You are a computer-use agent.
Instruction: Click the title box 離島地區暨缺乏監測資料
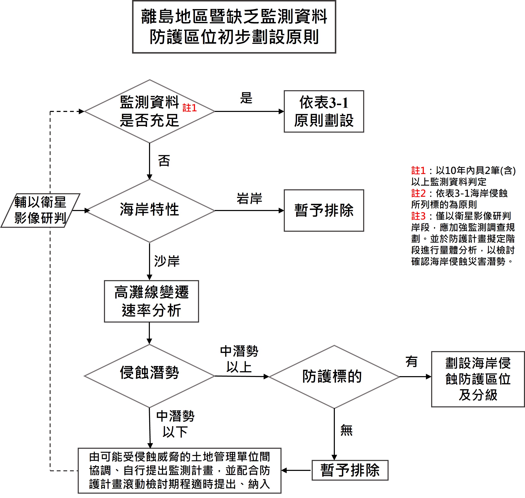pos(234,26)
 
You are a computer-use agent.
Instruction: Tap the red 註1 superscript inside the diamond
pos(190,108)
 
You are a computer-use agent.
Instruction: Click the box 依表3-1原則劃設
pos(324,112)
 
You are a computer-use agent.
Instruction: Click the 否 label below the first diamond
pos(164,161)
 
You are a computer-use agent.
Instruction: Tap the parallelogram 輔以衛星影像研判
pos(40,210)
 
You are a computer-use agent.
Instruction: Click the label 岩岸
pos(249,199)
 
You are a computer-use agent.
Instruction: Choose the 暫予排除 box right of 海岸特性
pos(324,210)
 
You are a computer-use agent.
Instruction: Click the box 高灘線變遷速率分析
pos(151,301)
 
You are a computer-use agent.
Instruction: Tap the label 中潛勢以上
pos(239,359)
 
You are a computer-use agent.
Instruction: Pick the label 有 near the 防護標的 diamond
pos(411,362)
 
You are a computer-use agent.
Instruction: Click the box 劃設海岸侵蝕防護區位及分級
pos(478,379)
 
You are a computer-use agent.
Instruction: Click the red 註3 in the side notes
pos(418,216)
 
